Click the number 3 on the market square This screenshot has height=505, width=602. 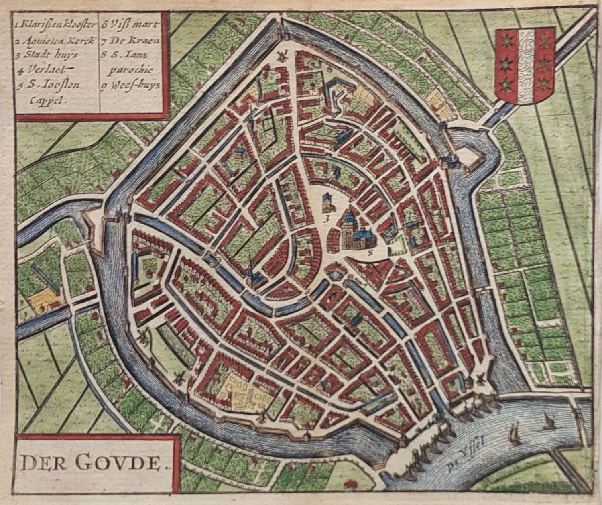point(327,219)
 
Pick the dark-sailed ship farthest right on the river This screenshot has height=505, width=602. point(548,422)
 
